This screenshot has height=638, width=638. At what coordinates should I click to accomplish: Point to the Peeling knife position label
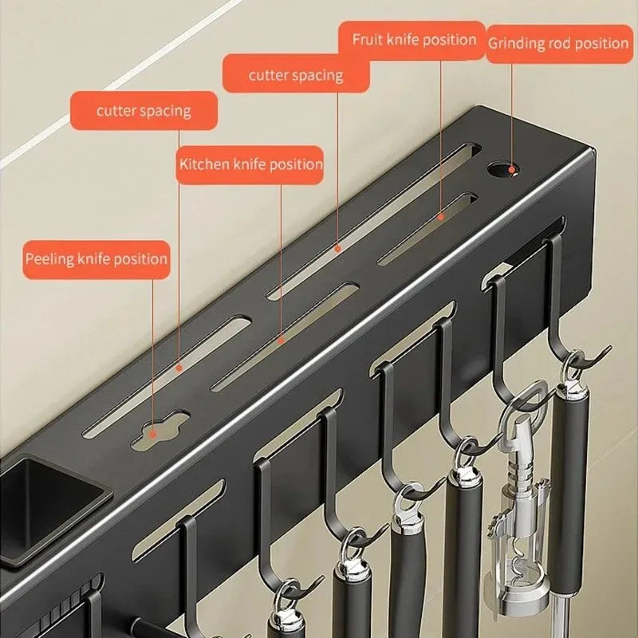(96, 259)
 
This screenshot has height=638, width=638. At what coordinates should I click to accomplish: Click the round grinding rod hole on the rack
(502, 170)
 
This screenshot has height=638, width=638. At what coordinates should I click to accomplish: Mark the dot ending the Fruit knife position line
(440, 215)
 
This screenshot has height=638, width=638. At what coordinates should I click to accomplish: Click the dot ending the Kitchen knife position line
(281, 339)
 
